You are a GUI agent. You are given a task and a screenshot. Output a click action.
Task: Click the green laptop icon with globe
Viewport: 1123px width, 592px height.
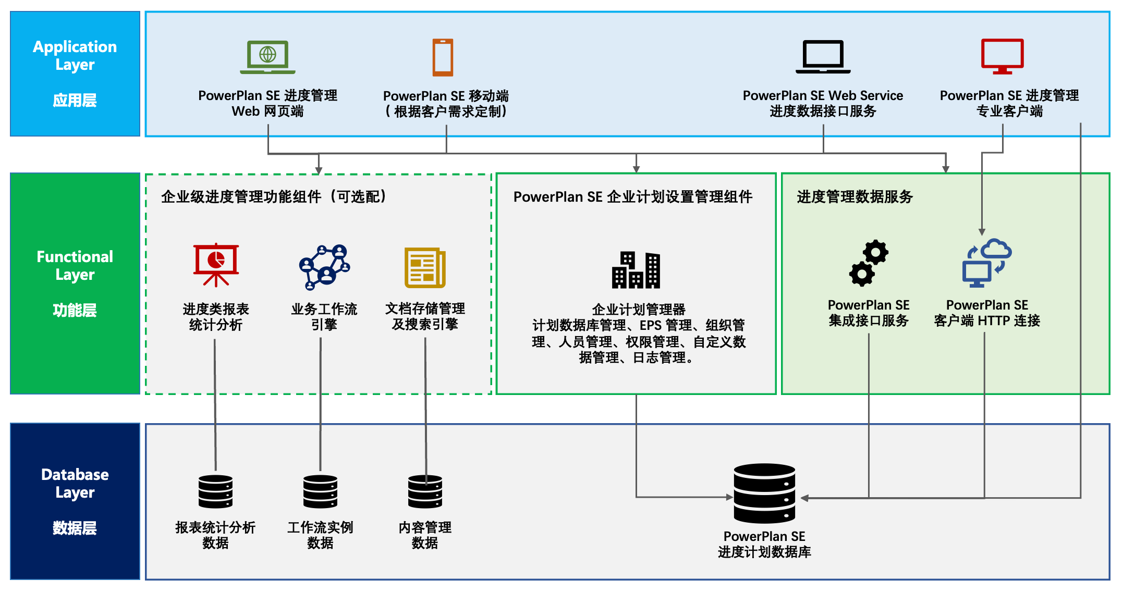point(267,57)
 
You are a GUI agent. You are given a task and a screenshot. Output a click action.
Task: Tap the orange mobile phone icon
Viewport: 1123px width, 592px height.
point(443,57)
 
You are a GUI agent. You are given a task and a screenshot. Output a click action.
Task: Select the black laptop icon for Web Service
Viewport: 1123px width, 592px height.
point(823,57)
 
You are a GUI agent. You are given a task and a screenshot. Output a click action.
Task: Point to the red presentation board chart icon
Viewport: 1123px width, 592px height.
point(216,265)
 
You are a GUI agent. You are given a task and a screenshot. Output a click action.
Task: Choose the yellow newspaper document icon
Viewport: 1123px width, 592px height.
point(425,268)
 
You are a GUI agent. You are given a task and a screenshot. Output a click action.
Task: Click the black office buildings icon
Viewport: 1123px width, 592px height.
point(636,270)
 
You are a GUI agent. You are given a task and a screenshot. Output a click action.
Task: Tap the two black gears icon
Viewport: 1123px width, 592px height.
point(869,263)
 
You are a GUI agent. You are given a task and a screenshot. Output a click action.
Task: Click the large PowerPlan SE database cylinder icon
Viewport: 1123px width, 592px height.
point(764,493)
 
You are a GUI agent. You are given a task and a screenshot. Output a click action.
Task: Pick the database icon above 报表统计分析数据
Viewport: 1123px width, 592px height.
point(215,491)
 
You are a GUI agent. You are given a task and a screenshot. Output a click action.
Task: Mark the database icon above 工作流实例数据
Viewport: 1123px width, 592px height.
point(320,491)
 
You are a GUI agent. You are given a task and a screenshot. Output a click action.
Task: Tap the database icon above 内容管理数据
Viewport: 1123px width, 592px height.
point(425,491)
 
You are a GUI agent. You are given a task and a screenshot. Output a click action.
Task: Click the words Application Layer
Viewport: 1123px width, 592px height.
point(75,55)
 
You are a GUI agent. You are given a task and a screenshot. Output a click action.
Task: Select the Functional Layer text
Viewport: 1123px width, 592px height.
point(75,265)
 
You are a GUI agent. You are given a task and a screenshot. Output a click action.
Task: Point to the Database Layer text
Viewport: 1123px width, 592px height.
point(75,483)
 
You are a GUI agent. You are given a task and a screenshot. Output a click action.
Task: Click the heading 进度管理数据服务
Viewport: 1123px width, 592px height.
point(855,197)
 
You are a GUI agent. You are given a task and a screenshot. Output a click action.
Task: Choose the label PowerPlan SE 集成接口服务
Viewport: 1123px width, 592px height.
point(869,313)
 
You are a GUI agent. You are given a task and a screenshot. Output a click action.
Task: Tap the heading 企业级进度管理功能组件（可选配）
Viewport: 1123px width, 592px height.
point(274,197)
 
